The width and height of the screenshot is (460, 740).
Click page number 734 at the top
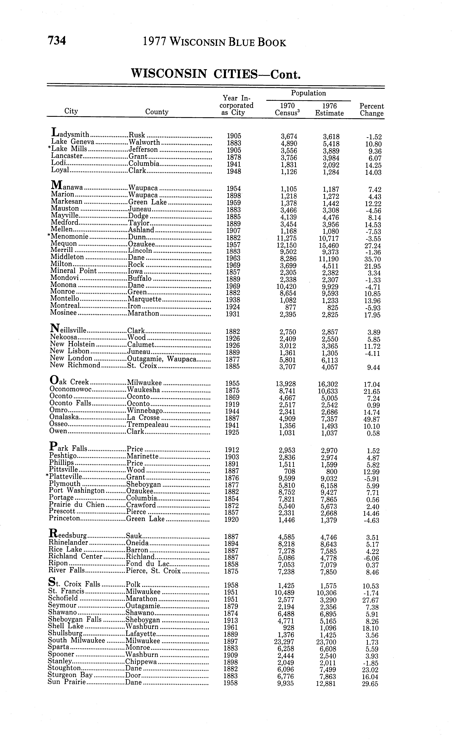(57, 41)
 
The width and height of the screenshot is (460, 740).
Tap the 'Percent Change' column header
(371, 110)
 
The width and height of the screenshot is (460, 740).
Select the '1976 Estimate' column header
(329, 110)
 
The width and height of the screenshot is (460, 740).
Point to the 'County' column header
(157, 112)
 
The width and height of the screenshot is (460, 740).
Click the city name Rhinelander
(68, 543)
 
